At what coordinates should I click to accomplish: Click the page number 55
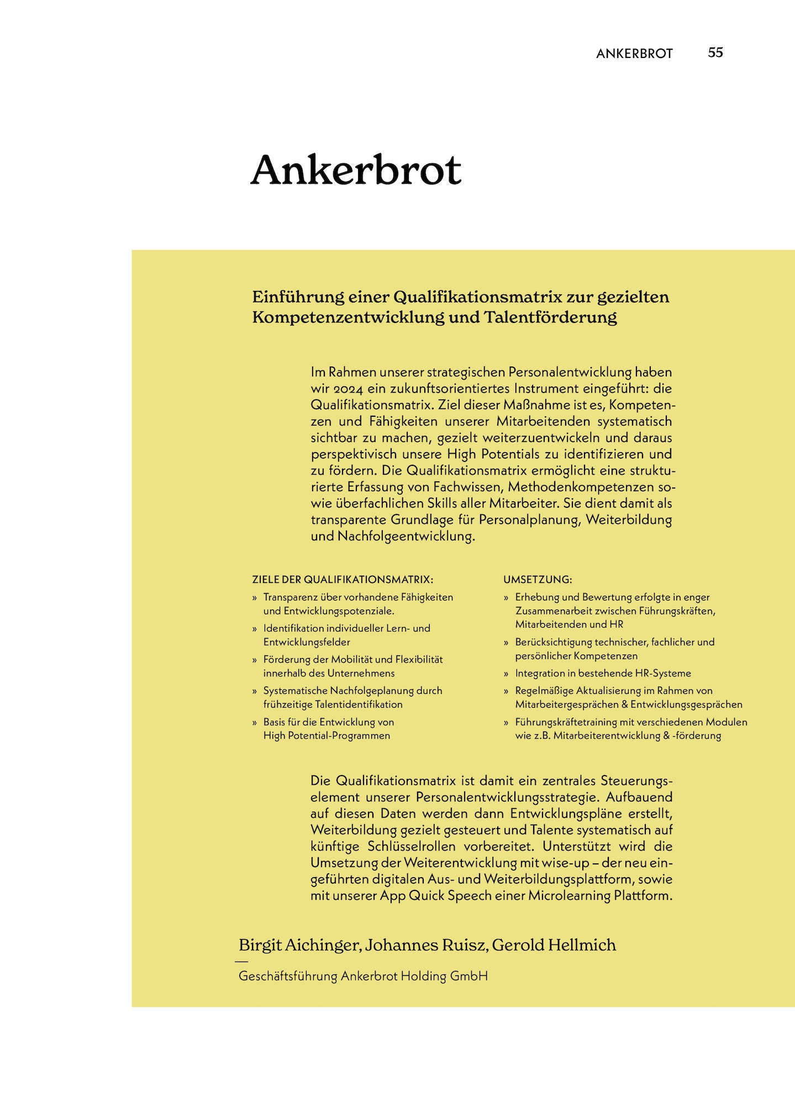(x=715, y=52)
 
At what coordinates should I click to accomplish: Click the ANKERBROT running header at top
(x=634, y=54)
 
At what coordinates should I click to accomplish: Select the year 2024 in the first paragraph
(x=348, y=389)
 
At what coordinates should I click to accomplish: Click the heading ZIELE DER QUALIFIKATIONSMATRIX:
(x=343, y=580)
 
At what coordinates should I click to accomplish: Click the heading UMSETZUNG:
(x=537, y=580)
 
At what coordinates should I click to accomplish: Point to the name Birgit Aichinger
(x=299, y=945)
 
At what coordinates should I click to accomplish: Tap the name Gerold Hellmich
(x=554, y=945)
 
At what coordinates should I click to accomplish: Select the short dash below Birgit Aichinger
(x=241, y=962)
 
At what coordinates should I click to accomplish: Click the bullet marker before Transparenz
(x=255, y=598)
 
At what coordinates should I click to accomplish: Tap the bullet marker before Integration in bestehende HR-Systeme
(x=506, y=674)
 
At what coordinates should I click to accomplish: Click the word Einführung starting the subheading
(x=298, y=298)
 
